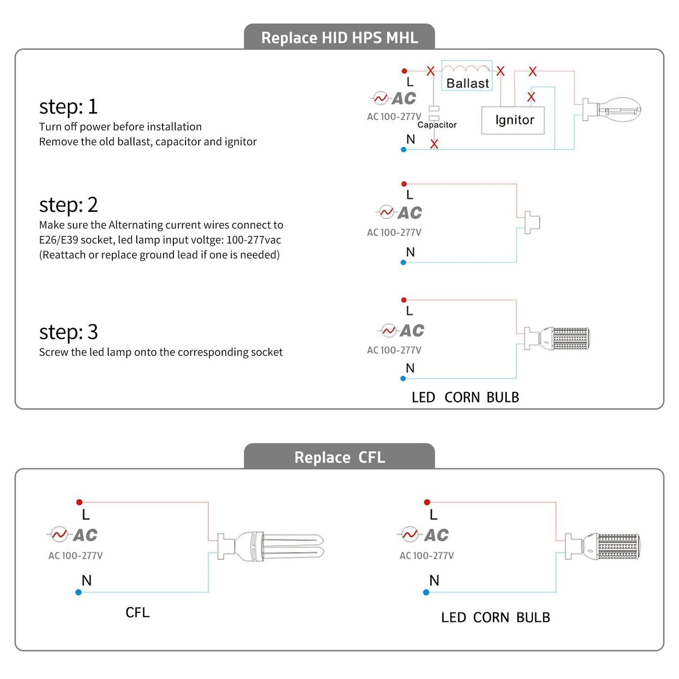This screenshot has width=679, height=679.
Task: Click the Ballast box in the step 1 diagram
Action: click(x=467, y=76)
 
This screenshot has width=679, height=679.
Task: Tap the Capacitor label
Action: click(x=437, y=125)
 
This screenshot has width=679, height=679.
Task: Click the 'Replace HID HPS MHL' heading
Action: click(x=339, y=38)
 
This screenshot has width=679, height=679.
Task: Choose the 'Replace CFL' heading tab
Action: click(x=339, y=457)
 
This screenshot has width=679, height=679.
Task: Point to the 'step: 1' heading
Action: click(x=69, y=107)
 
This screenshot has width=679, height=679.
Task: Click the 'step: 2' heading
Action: click(x=69, y=205)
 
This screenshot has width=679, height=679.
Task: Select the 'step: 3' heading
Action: click(x=69, y=332)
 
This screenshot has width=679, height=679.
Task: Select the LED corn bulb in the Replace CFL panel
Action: click(x=606, y=546)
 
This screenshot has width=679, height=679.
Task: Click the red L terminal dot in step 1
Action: click(x=404, y=71)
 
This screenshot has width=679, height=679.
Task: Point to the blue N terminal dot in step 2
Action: click(x=403, y=263)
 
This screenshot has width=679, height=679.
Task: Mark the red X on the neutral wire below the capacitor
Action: click(x=434, y=144)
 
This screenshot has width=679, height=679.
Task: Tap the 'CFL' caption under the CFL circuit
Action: click(x=137, y=613)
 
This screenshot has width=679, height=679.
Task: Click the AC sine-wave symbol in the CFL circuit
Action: click(x=60, y=534)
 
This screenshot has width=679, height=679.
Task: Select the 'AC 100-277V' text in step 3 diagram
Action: click(x=394, y=350)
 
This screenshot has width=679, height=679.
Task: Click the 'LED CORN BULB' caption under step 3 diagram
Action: click(x=465, y=398)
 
